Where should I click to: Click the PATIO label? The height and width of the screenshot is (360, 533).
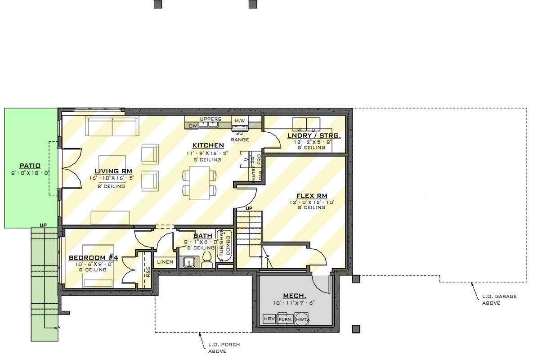pos(30,166)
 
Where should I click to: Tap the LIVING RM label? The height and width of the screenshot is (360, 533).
pos(107,171)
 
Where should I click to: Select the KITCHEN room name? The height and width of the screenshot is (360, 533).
pos(208,145)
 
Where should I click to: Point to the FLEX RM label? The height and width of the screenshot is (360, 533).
pos(311,196)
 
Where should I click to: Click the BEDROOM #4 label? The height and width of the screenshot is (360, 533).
pos(93,257)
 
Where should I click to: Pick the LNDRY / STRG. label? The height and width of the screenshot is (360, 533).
pos(314,135)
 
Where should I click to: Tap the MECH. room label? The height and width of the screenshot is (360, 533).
pos(295,296)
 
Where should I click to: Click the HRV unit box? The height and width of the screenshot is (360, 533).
pos(269,319)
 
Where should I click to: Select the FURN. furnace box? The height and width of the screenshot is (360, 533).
pos(286,319)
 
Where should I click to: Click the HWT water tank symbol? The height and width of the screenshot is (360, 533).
pos(302,319)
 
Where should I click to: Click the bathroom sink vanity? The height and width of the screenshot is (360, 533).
pos(189,261)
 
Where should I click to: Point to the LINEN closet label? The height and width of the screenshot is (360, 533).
pos(164,262)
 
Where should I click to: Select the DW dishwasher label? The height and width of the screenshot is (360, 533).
pos(193,126)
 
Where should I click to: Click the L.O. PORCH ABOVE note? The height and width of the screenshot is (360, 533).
pos(224,348)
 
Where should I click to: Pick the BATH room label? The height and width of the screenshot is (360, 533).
pos(202,236)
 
